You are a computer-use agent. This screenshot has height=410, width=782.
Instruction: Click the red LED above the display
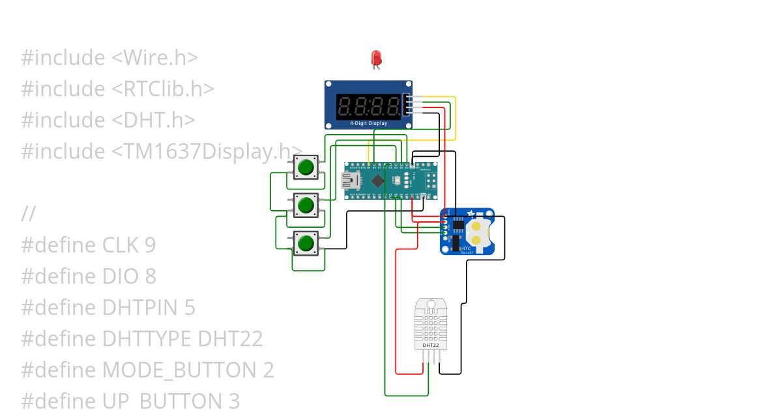coord(376,58)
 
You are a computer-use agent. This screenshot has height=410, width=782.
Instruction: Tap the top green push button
coord(305,167)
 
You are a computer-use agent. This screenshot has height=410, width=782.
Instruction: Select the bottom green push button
coord(305,243)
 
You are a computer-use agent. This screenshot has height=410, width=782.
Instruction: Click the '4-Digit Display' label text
coord(368,123)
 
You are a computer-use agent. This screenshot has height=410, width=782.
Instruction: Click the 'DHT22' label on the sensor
coord(431,344)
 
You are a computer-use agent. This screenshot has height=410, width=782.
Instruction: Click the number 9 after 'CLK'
coord(150,245)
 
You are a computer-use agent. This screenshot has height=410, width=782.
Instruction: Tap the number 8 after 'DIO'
coord(150,277)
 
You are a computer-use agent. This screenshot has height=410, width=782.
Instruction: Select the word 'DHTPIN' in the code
coord(149,308)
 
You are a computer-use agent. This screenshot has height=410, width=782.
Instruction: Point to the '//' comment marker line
coord(28,214)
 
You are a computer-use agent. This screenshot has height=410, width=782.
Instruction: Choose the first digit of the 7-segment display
coord(345,106)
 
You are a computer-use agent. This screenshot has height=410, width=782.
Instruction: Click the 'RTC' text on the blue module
coord(466,248)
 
